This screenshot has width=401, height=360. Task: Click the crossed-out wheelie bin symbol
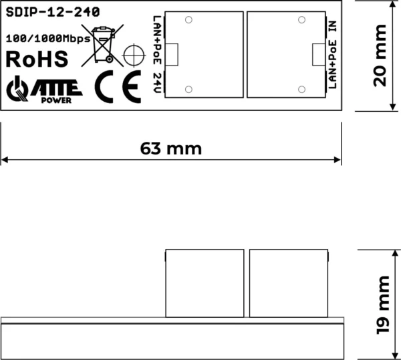click(102, 45)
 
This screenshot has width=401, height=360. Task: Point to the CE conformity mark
click(118, 87)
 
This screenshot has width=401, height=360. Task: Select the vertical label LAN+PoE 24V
click(156, 55)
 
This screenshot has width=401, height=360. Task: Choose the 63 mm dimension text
click(170, 148)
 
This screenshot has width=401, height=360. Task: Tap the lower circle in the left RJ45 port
click(189, 89)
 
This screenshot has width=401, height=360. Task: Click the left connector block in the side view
click(204, 282)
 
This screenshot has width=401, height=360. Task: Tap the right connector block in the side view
click(290, 282)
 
